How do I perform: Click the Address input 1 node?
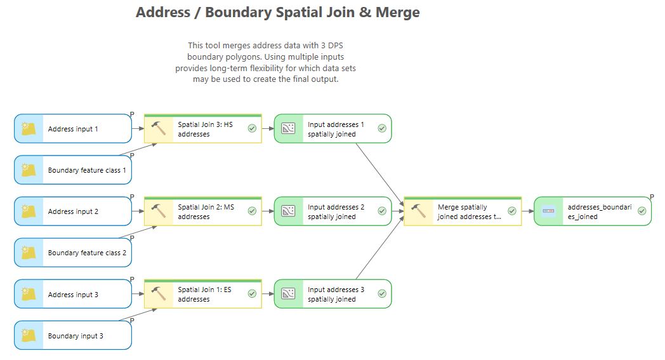point(73,129)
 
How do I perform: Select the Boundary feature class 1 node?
point(73,170)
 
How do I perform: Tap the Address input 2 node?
point(73,211)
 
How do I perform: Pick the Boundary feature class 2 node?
point(73,253)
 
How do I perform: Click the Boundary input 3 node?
point(73,335)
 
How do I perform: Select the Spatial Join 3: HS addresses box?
point(202,129)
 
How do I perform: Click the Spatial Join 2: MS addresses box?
point(202,211)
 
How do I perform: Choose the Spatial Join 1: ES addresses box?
point(202,294)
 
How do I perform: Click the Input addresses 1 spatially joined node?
point(333,129)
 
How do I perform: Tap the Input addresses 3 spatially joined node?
point(333,294)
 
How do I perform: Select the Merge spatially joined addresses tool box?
point(463,211)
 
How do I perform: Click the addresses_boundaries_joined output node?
point(593,211)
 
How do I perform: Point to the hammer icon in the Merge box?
point(419,211)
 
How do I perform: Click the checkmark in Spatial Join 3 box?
point(252,128)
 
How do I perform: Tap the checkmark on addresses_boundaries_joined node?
point(642,211)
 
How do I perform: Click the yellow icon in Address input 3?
point(29,293)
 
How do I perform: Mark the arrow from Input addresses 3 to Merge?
point(379,248)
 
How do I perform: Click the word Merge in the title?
point(397,12)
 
